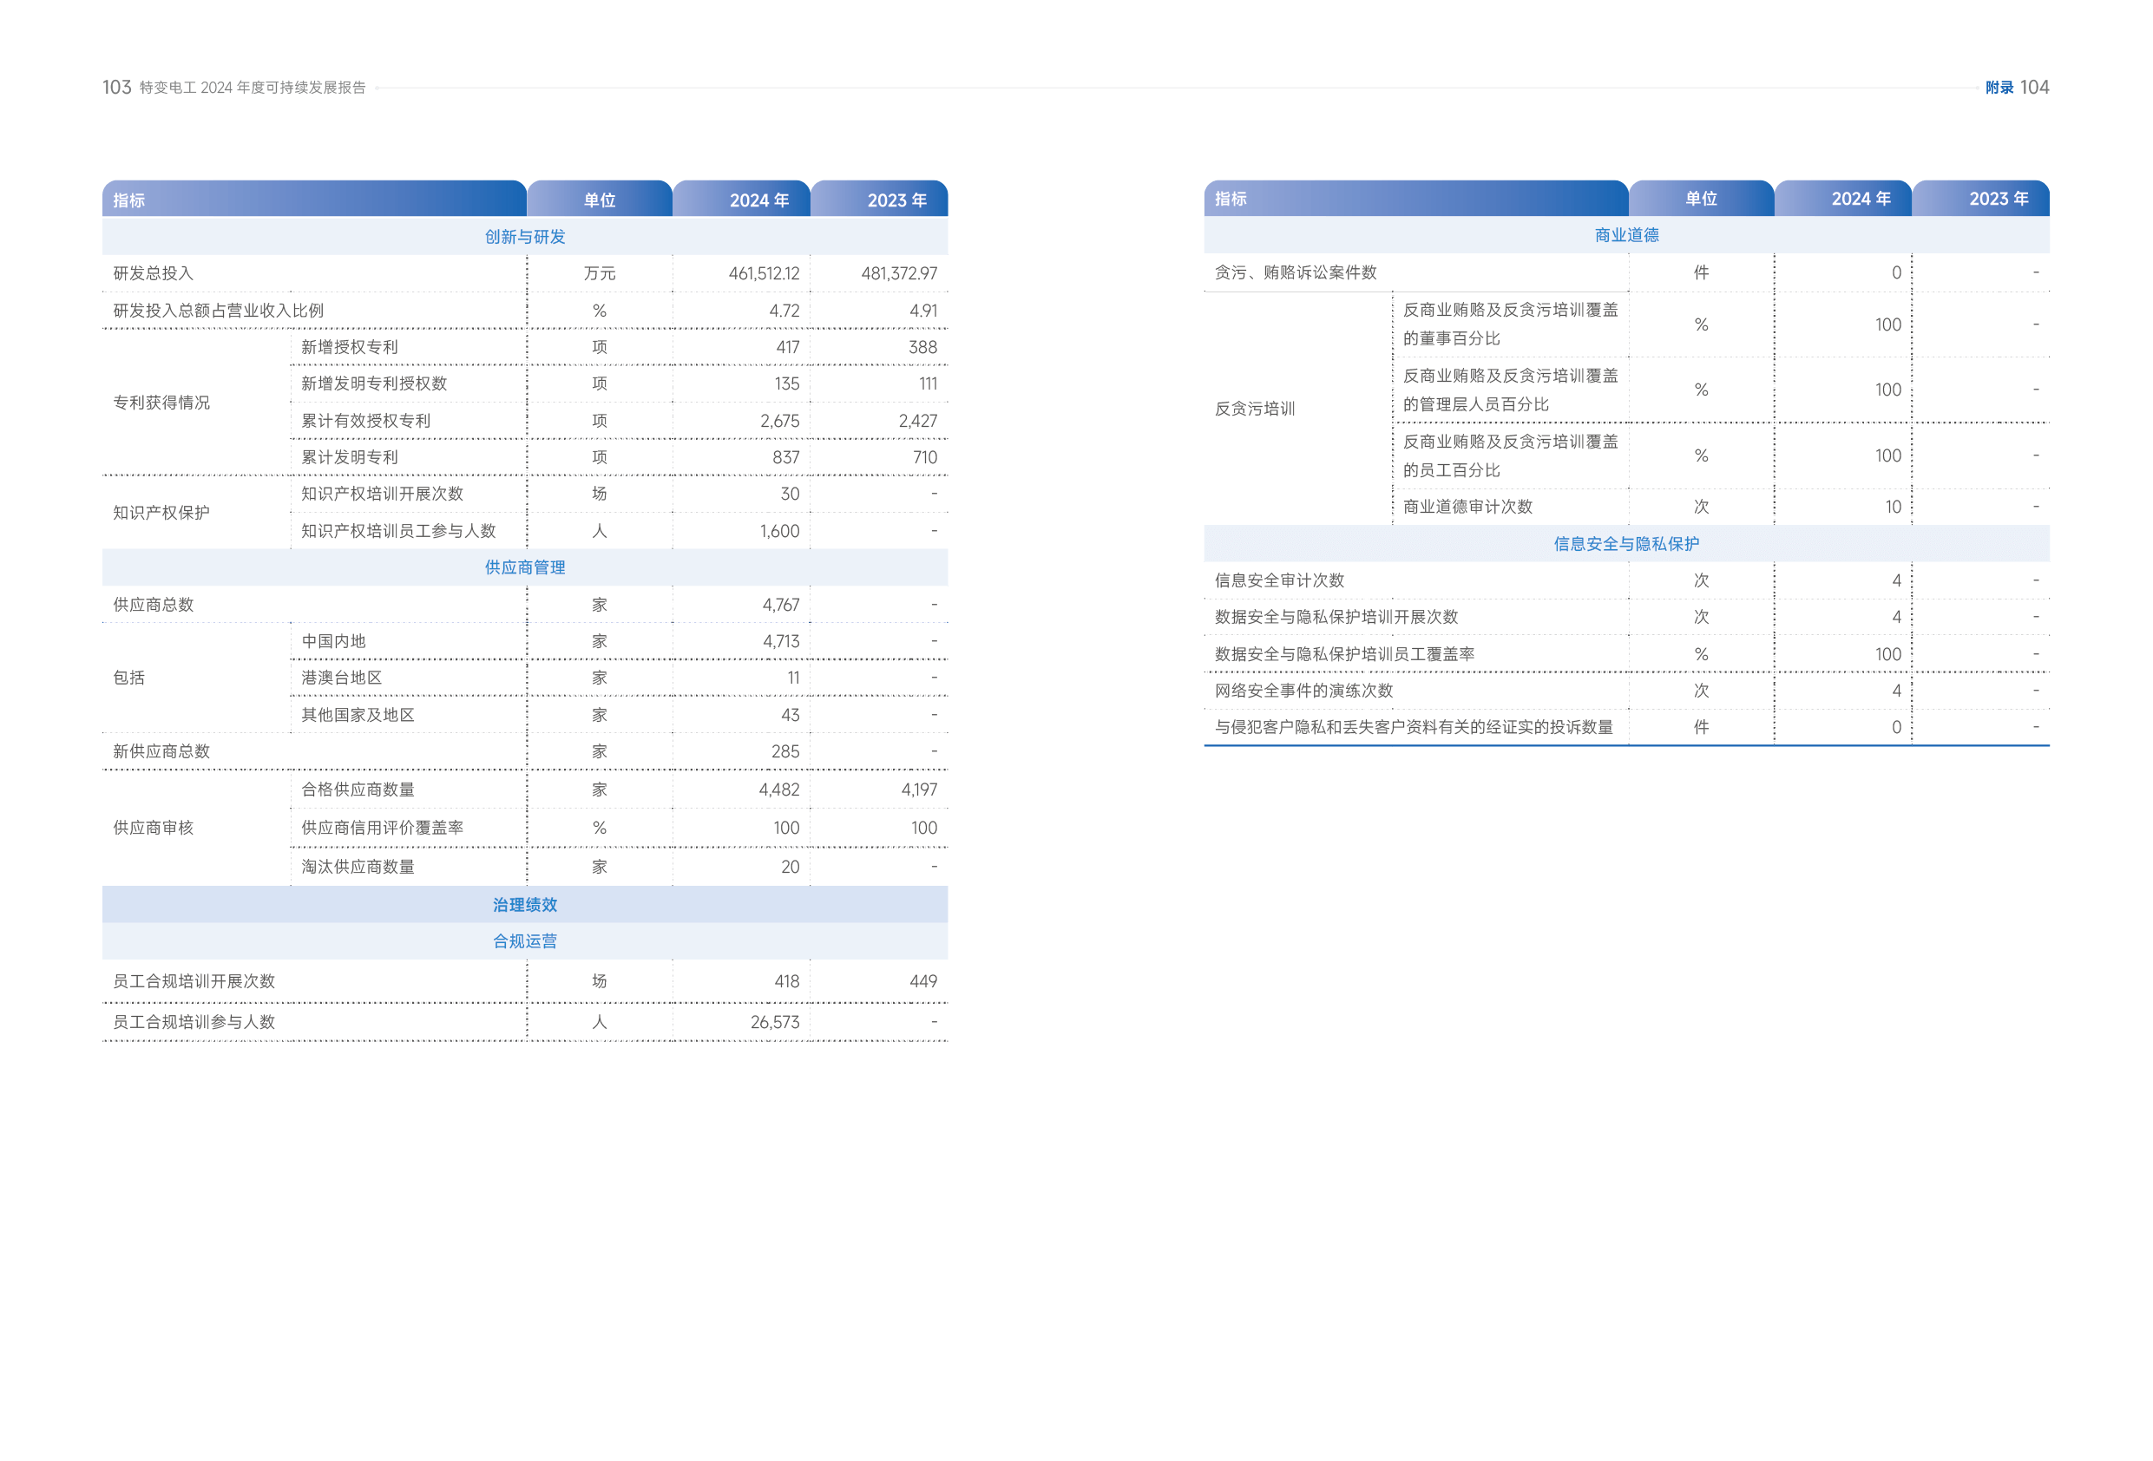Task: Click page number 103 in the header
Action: (x=117, y=87)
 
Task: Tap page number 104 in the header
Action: (x=2034, y=87)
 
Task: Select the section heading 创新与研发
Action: (x=524, y=236)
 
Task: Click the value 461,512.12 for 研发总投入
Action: (x=764, y=273)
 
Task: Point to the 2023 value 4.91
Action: (x=922, y=311)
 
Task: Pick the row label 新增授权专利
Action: (x=349, y=346)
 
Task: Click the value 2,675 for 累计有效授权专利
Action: (x=779, y=421)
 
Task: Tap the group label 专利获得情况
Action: (x=161, y=402)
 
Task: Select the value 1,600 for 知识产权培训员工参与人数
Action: (x=779, y=531)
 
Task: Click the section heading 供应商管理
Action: (x=524, y=567)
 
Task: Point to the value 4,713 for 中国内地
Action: (x=780, y=641)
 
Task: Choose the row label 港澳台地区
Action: (x=341, y=678)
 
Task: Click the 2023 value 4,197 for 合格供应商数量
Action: (x=919, y=789)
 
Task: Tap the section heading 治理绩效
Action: (x=524, y=904)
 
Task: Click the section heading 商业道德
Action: (x=1626, y=235)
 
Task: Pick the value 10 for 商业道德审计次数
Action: (x=1893, y=507)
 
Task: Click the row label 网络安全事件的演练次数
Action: (x=1303, y=691)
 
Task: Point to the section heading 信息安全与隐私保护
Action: (x=1626, y=544)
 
